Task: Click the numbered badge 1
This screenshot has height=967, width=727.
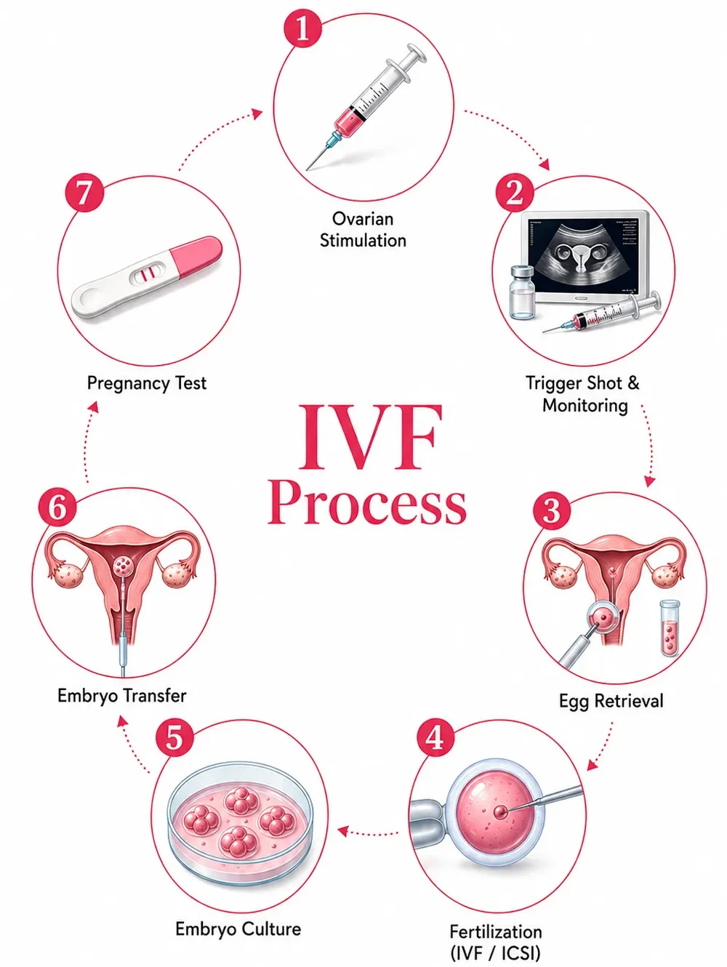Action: pyautogui.click(x=302, y=29)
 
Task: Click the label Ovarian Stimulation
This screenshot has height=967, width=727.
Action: pyautogui.click(x=363, y=230)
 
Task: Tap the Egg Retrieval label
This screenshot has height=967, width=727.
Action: pyautogui.click(x=611, y=701)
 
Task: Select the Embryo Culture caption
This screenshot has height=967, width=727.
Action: pyautogui.click(x=238, y=928)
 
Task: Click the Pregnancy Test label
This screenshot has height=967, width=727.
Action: pyautogui.click(x=147, y=383)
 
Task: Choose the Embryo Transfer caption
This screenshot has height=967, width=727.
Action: pyautogui.click(x=122, y=696)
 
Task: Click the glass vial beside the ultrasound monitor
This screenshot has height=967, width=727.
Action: pyautogui.click(x=522, y=292)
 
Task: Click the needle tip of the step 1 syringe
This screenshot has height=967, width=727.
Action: pyautogui.click(x=308, y=169)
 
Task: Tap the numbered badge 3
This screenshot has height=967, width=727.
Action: pyautogui.click(x=552, y=511)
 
